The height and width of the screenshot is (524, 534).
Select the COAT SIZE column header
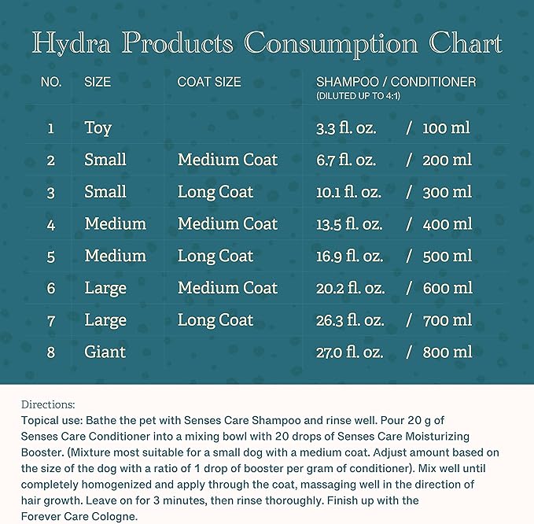point(209,82)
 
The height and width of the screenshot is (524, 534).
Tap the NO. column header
point(51,82)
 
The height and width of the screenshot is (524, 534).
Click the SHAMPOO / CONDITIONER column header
point(396,82)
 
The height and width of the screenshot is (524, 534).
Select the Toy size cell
point(98,127)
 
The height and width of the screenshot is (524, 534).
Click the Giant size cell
point(105,352)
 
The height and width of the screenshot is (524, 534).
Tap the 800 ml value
point(447,352)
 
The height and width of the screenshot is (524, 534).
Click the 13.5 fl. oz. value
point(349,224)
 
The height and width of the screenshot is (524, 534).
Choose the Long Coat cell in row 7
point(215,320)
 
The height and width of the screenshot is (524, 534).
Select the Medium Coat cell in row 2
point(227,160)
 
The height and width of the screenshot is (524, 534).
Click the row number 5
point(51,256)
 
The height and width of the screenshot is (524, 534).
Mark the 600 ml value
point(447,289)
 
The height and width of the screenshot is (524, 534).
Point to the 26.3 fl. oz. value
point(350,320)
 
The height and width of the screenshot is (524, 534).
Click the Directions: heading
point(48,405)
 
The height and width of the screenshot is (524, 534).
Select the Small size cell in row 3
point(105,192)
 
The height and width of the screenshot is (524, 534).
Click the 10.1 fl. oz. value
point(348,192)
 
